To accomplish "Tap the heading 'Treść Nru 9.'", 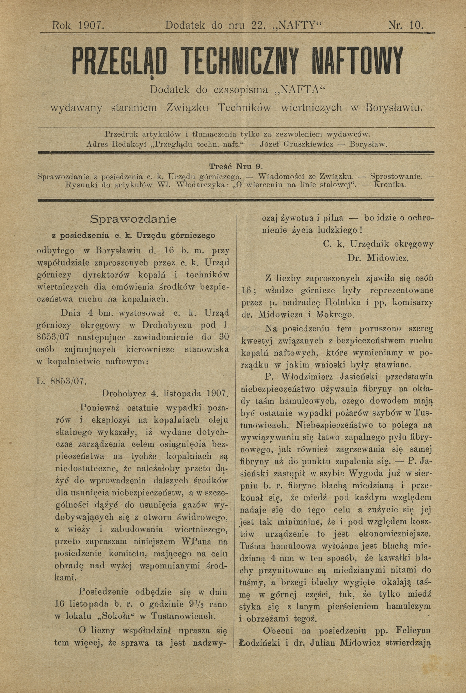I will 235,167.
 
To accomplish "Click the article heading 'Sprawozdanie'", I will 133,219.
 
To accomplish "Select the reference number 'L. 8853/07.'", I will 61,381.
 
